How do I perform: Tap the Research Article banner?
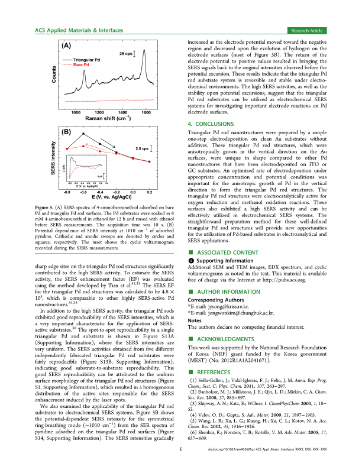(312, 30)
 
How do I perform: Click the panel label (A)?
(67, 46)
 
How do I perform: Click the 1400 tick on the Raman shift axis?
(122, 112)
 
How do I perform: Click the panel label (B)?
(67, 131)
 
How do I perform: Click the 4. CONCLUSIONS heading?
(210, 124)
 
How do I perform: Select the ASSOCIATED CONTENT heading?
(224, 252)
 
